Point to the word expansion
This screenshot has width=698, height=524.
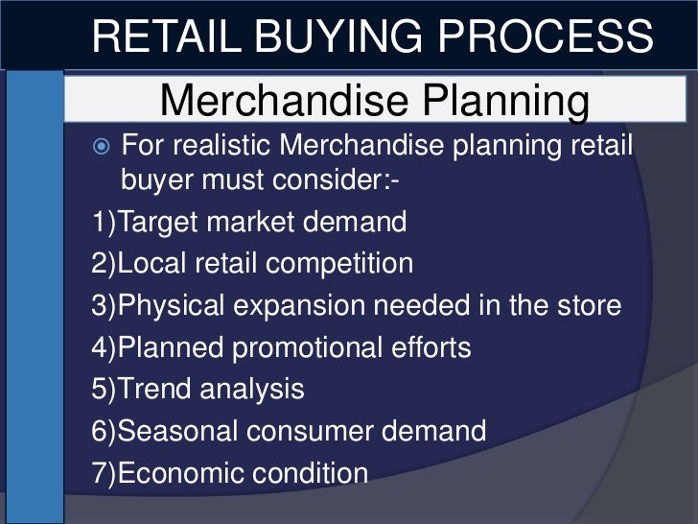pos(308,306)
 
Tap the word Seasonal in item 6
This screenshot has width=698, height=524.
pos(183,431)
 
